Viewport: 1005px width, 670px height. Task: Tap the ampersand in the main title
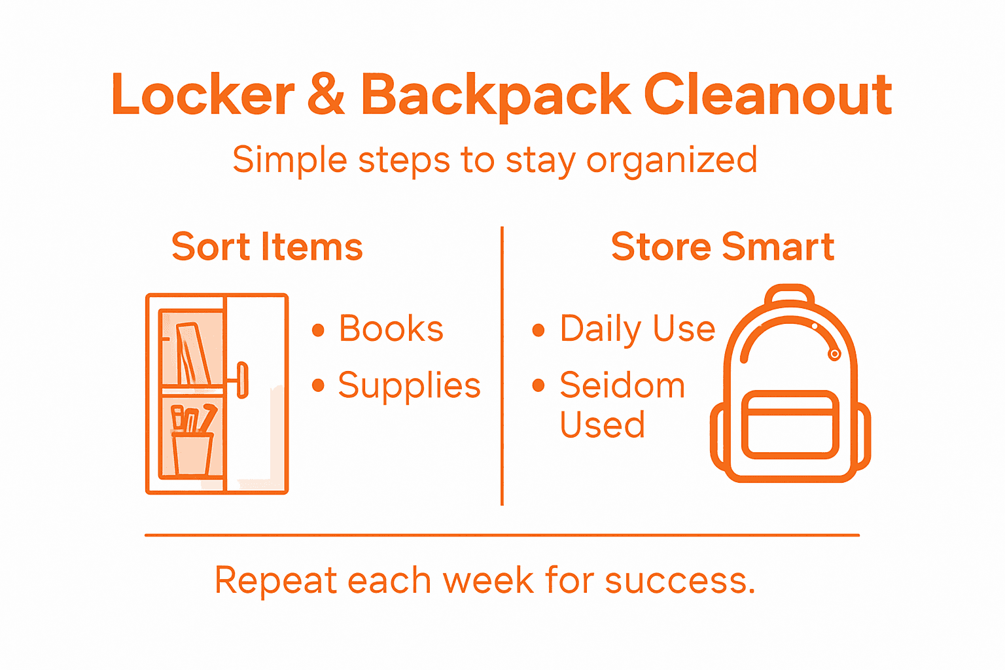[x=325, y=96]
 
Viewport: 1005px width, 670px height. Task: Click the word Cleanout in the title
[x=768, y=96]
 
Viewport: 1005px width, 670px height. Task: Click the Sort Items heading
[x=267, y=247]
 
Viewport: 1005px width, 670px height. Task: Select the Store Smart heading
[x=722, y=247]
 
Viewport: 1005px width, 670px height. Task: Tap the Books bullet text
[x=391, y=328]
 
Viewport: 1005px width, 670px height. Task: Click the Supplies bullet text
[x=410, y=386]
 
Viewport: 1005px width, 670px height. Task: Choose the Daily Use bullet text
[x=637, y=328]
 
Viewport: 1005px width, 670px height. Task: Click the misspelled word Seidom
[x=622, y=385]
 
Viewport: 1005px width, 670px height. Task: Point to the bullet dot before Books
[x=319, y=330]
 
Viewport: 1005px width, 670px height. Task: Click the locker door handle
[x=243, y=379]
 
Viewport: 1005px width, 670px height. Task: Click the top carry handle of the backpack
[x=790, y=294]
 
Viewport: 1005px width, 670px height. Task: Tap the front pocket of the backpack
[x=790, y=425]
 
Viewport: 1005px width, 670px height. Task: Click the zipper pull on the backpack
[x=834, y=354]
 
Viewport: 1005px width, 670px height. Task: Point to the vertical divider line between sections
[x=502, y=366]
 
